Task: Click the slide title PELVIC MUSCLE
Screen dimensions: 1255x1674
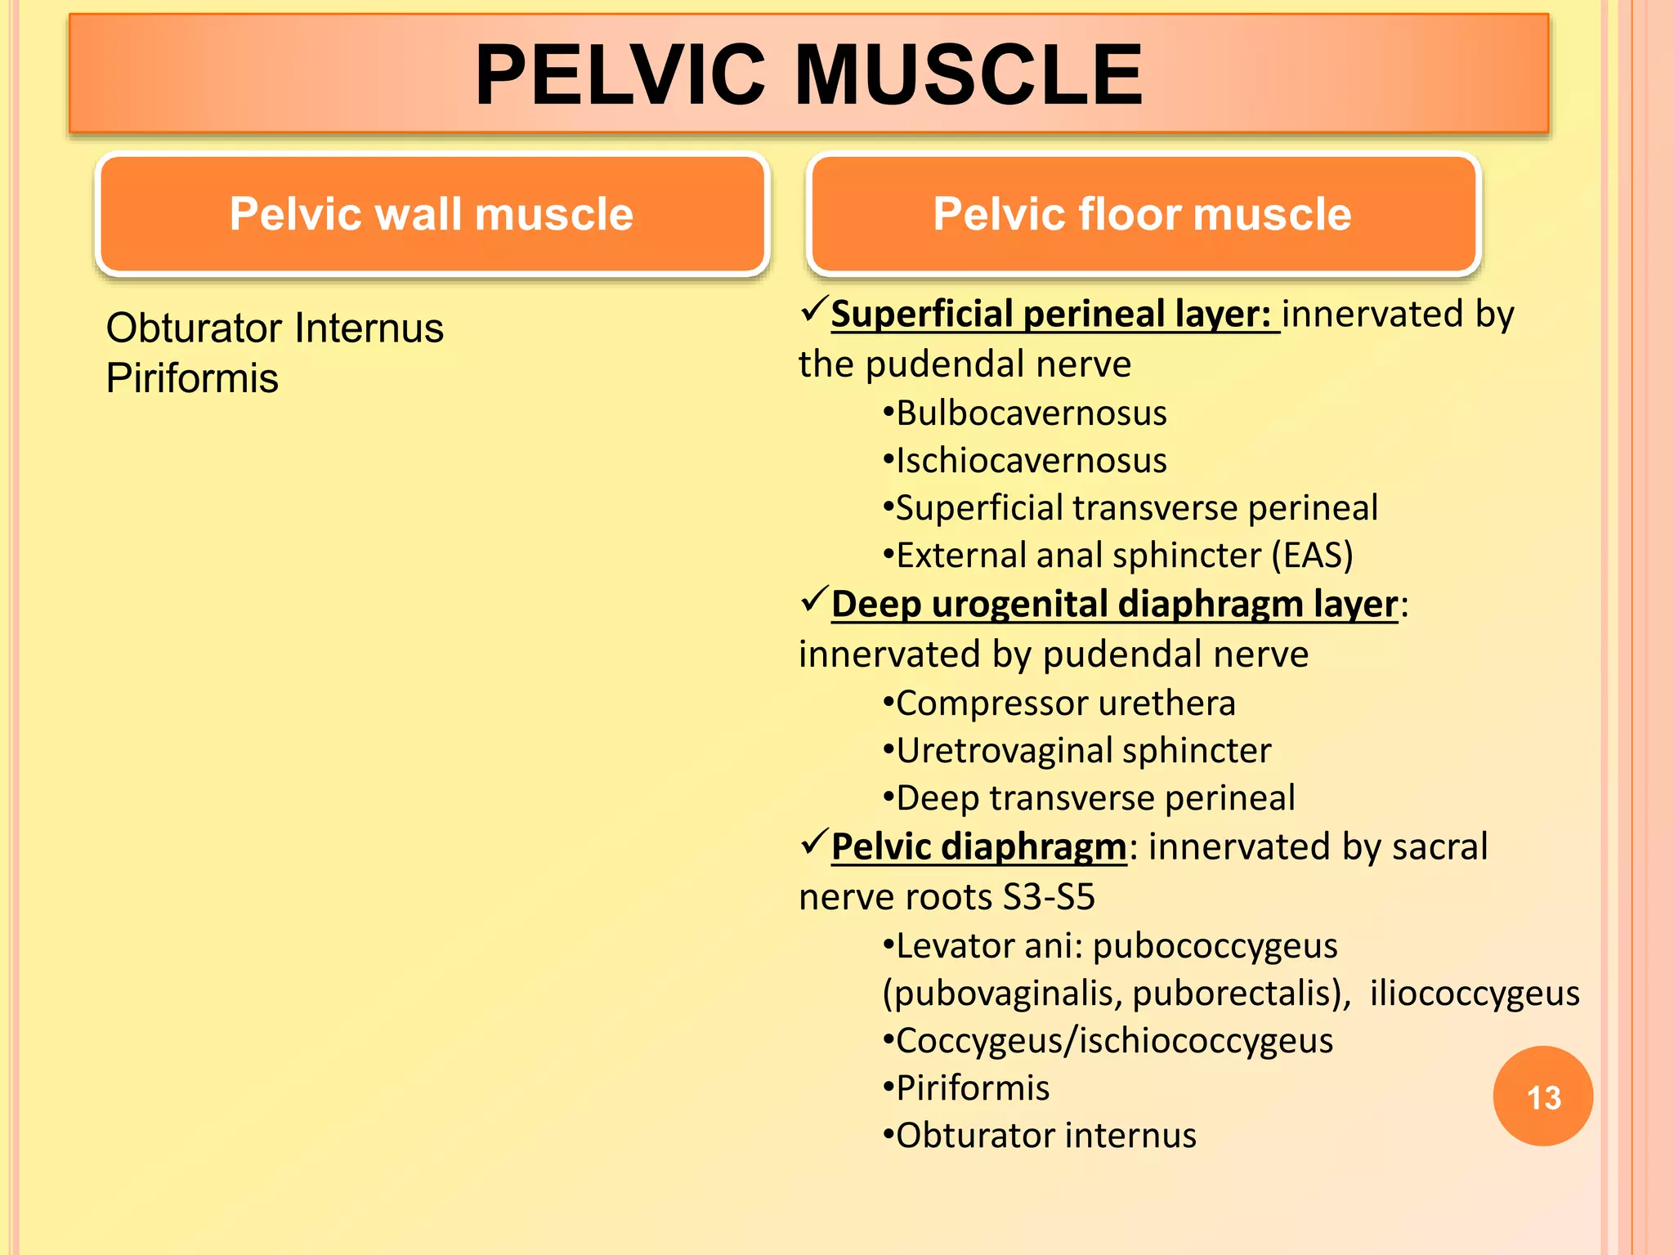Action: click(x=808, y=74)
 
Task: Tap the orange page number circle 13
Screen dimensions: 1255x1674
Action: click(x=1542, y=1096)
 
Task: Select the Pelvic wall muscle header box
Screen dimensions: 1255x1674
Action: click(x=432, y=214)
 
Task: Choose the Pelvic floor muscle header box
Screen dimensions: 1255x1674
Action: click(x=1143, y=214)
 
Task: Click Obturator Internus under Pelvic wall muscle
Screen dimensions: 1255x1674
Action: click(x=275, y=328)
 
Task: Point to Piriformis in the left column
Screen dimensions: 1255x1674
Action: click(x=192, y=378)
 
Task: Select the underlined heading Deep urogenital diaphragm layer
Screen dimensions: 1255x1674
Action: click(x=1114, y=605)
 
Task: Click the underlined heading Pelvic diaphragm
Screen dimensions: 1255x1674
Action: click(x=978, y=847)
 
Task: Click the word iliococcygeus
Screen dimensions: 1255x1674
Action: click(x=1475, y=994)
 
